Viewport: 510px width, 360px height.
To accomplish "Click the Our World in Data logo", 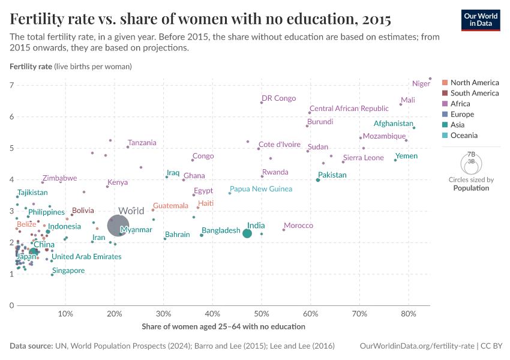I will pos(481,19).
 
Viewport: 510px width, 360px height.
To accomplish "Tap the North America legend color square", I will pos(445,83).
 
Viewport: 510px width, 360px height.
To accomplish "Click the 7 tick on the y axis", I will pos(11,86).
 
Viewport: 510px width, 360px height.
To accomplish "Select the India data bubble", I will pos(247,233).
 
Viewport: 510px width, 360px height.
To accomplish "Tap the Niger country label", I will pos(421,84).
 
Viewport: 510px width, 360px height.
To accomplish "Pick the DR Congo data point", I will pos(262,103).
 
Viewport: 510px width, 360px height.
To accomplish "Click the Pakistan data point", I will pos(318,180).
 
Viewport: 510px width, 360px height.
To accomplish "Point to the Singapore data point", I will pos(52,275).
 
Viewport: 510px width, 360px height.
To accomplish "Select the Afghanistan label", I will pos(393,124).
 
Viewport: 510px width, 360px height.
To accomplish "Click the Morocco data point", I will pos(284,230).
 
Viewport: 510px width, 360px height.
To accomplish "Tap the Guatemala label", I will pos(170,206).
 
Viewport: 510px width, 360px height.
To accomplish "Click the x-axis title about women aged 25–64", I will pos(223,327).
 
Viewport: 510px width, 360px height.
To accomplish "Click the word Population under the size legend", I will pos(471,188).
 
